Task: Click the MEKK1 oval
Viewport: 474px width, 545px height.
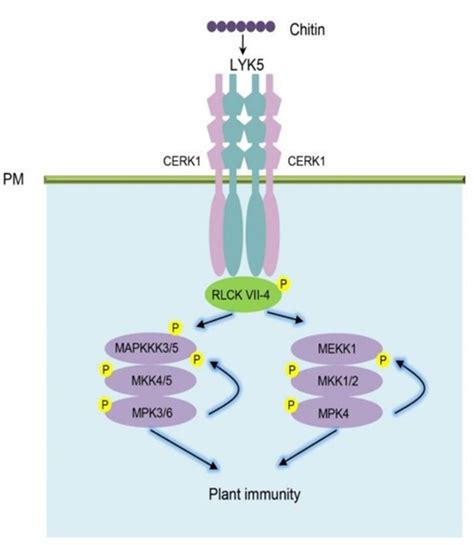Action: [334, 347]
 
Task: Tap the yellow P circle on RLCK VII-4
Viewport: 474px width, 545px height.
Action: [283, 284]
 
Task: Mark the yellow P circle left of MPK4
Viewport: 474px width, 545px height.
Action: [290, 404]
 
